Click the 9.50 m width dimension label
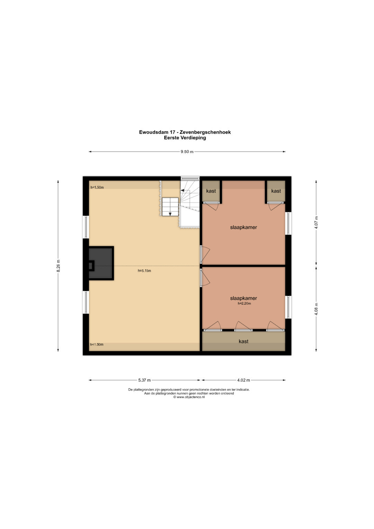187,152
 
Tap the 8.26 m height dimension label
58,266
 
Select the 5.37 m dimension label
144,380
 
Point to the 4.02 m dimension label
243,380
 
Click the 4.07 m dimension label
317,222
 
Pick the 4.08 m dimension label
317,309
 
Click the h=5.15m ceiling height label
144,271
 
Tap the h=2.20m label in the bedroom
244,303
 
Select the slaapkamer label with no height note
243,227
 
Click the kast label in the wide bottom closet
243,341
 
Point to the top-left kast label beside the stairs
211,191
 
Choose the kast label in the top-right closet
276,191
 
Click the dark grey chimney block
101,263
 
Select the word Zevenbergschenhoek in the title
205,132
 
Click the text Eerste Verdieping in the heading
185,138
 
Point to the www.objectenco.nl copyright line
189,397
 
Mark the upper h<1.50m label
97,187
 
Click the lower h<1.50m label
97,345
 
